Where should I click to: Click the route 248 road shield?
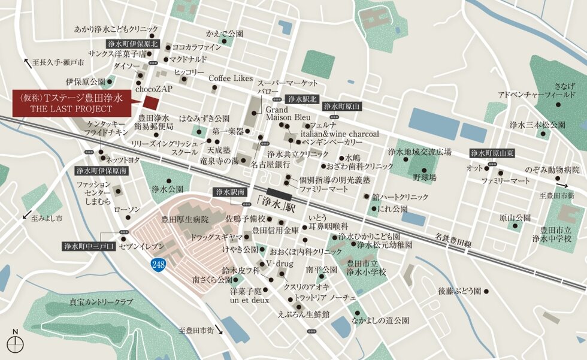(x=158, y=264)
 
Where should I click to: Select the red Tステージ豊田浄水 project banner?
(x=71, y=104)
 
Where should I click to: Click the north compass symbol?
(x=15, y=342)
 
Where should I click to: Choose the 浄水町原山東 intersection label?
(x=493, y=153)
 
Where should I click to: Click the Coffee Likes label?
(x=231, y=78)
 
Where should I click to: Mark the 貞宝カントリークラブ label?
(x=101, y=302)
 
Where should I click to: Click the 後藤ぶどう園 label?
(x=459, y=291)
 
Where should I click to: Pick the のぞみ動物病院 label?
(x=552, y=170)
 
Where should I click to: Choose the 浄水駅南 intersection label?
(x=230, y=192)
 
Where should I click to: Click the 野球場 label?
(x=424, y=177)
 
